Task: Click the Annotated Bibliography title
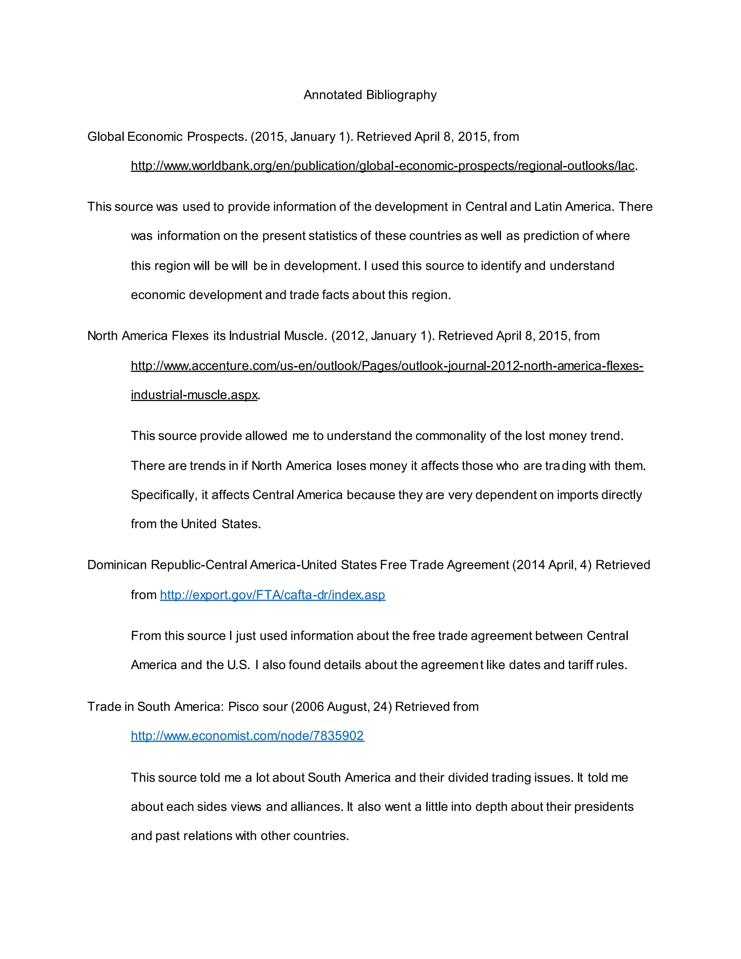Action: [x=370, y=95]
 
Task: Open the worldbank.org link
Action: [x=382, y=166]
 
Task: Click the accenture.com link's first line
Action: [x=387, y=366]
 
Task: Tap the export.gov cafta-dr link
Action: [x=272, y=595]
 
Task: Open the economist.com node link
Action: [x=247, y=736]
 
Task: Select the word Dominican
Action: [x=117, y=565]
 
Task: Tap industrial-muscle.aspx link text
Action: [x=194, y=395]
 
